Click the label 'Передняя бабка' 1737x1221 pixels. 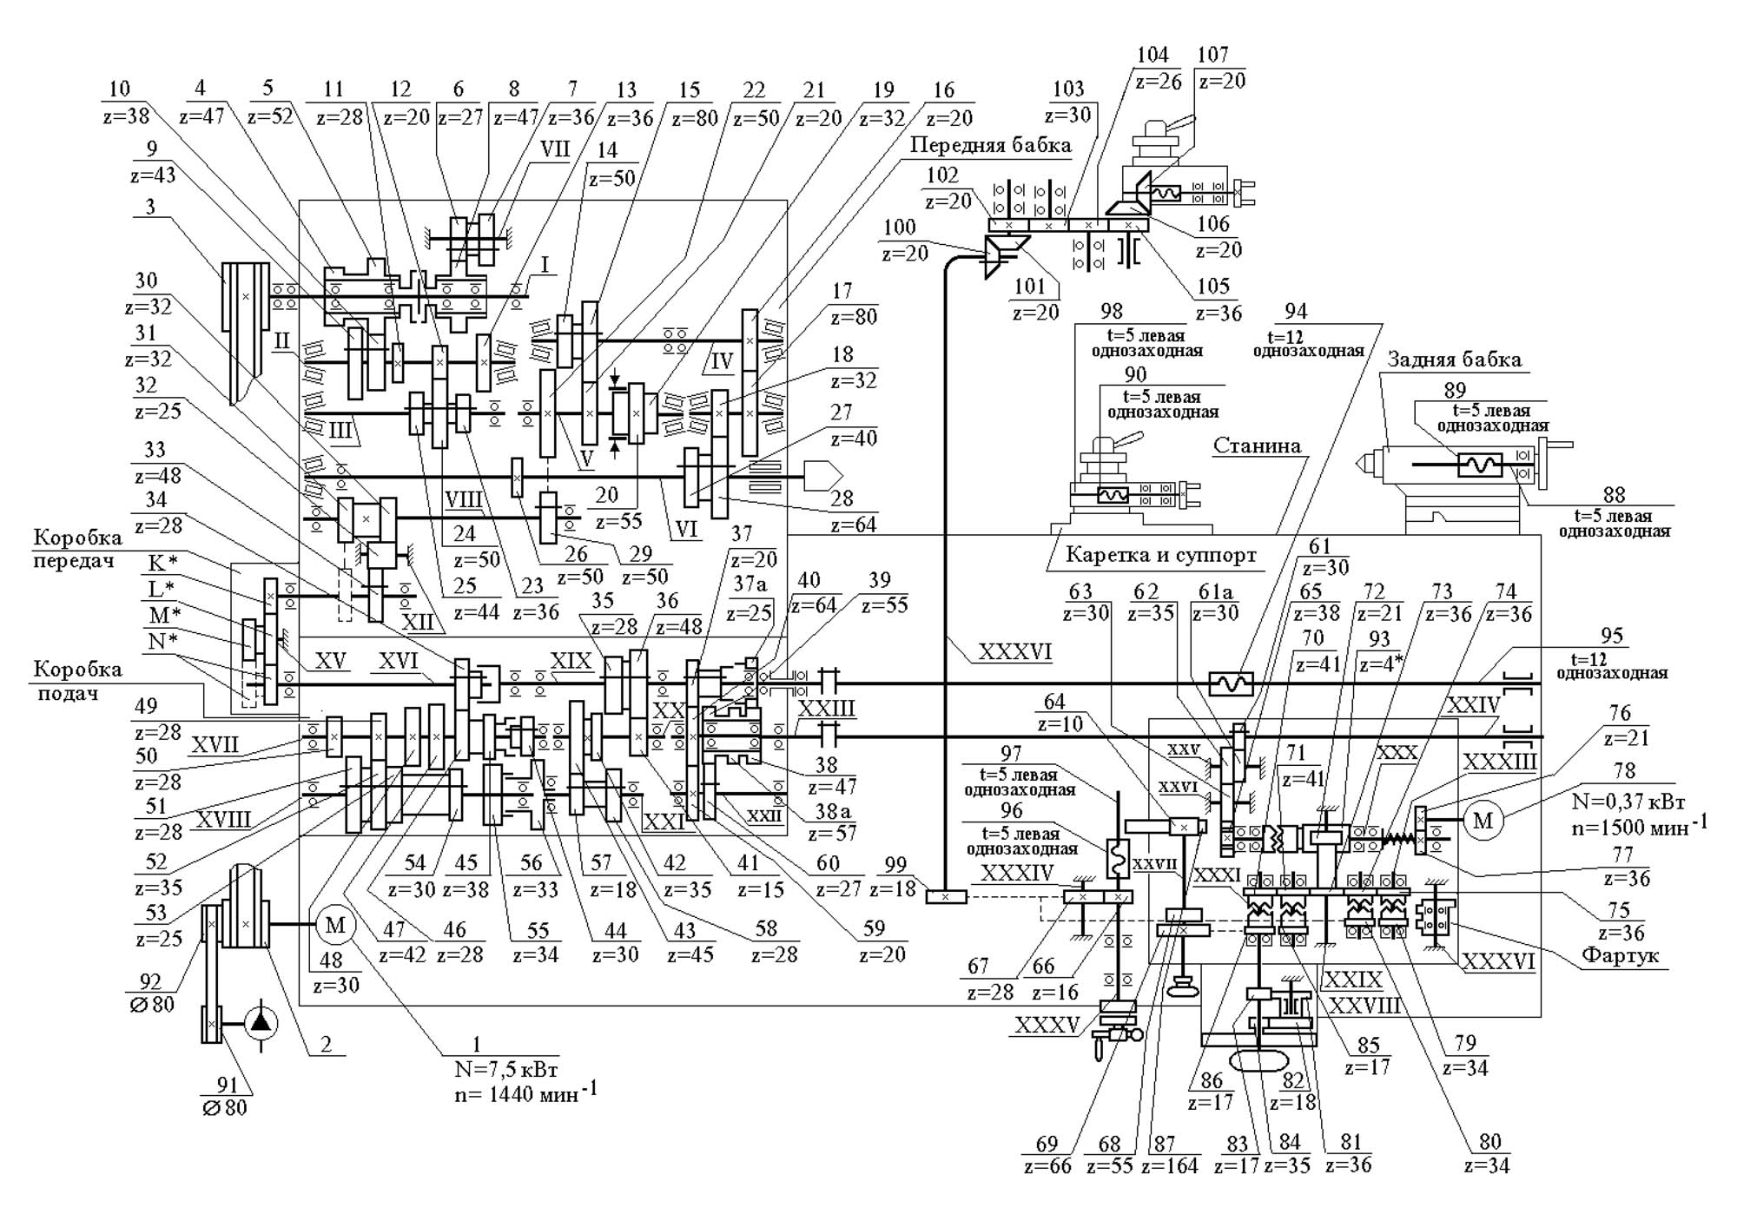990,145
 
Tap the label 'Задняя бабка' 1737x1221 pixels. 1454,360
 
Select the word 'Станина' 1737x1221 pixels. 1257,446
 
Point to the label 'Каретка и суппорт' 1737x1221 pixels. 1160,555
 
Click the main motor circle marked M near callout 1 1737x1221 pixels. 335,925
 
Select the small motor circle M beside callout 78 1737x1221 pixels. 1483,820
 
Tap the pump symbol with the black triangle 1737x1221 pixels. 260,1022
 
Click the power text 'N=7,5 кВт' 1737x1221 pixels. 505,1068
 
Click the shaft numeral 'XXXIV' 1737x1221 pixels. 1017,873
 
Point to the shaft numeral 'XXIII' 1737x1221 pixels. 826,709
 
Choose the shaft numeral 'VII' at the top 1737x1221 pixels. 555,148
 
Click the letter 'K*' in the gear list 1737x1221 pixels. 162,564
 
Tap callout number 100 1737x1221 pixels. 899,228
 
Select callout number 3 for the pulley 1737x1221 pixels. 151,206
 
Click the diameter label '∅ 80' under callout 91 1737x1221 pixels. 225,1107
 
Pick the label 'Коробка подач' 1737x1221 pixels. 78,681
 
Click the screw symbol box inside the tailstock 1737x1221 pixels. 1479,465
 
